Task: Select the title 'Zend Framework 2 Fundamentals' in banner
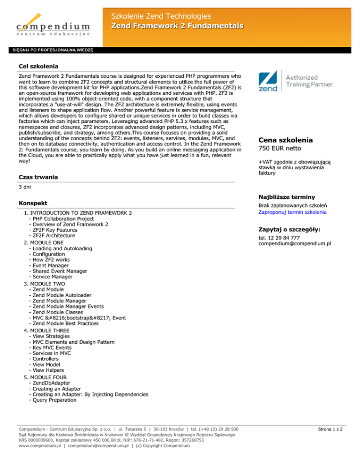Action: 177,24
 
